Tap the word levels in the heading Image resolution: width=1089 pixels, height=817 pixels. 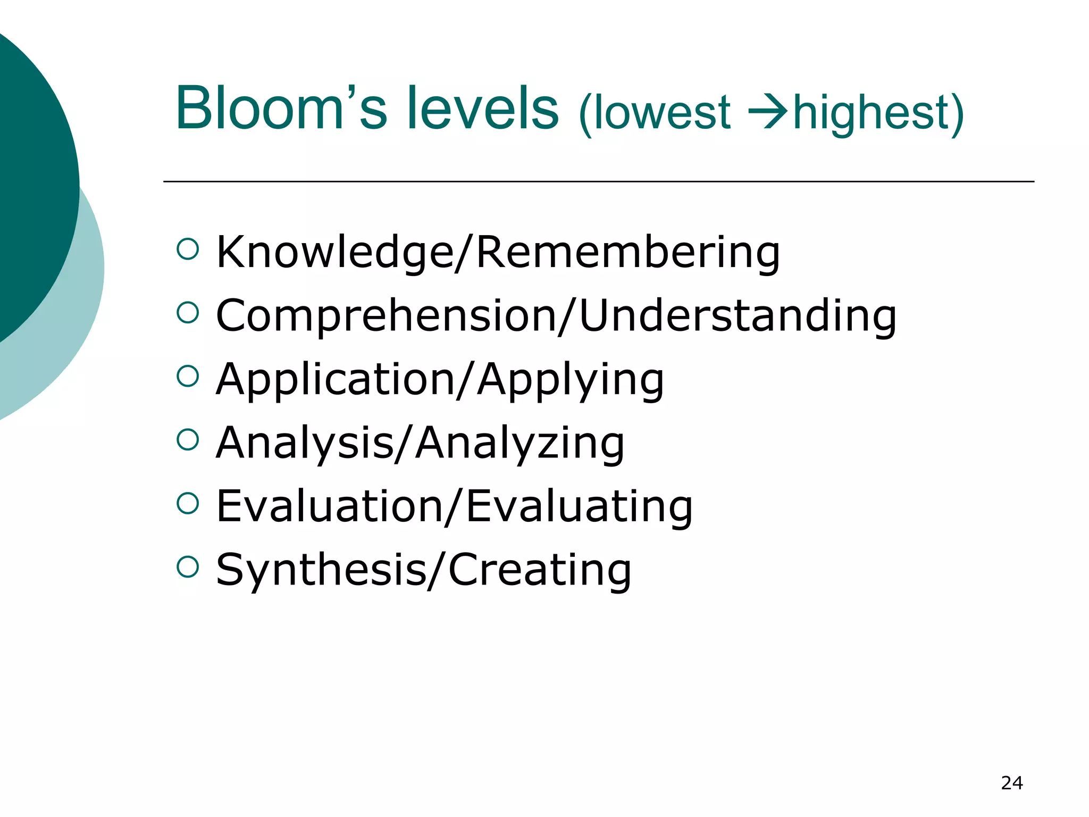click(x=483, y=109)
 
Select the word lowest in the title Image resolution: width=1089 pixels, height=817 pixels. click(x=661, y=113)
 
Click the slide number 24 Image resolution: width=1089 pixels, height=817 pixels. click(x=1011, y=783)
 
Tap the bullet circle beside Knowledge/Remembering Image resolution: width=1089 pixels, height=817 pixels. click(x=188, y=249)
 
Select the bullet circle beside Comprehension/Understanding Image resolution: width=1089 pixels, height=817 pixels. click(x=188, y=313)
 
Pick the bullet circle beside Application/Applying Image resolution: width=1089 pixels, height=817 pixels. click(x=188, y=376)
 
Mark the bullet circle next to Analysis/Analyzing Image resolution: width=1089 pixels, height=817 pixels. click(x=188, y=440)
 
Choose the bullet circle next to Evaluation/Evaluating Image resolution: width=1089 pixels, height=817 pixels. click(x=188, y=503)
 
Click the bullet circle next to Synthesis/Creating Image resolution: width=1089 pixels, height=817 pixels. click(x=188, y=567)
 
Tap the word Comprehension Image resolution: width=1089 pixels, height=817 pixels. click(x=385, y=316)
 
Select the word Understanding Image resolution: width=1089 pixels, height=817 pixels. click(x=737, y=316)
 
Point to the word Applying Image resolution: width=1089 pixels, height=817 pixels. click(x=570, y=381)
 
